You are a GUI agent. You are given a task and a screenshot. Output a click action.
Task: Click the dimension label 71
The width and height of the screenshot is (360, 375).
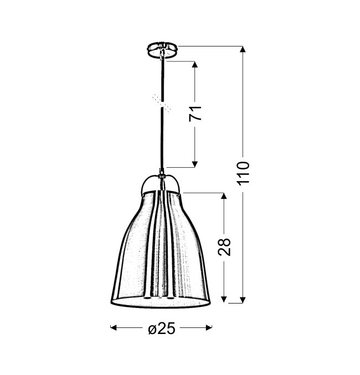[x=195, y=113]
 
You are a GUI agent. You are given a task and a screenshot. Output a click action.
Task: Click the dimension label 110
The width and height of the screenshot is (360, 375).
[x=243, y=173]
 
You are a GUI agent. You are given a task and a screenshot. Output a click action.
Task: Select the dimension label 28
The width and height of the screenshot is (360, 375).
[x=224, y=247]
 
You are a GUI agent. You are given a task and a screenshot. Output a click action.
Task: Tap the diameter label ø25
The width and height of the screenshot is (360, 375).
[x=162, y=328]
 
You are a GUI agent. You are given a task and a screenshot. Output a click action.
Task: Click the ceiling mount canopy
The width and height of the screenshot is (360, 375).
[x=162, y=49]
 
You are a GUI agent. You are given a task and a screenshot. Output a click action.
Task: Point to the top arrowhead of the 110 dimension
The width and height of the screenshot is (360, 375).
[x=243, y=49]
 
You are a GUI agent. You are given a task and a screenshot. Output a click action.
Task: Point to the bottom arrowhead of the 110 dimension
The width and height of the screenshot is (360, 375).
[x=243, y=300]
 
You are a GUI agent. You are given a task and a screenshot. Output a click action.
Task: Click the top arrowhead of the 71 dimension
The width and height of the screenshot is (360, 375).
[x=195, y=65]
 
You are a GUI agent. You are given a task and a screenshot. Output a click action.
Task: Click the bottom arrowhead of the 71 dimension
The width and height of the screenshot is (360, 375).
[x=195, y=164]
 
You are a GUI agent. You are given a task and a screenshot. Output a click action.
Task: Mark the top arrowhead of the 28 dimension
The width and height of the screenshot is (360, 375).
[x=224, y=196]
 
